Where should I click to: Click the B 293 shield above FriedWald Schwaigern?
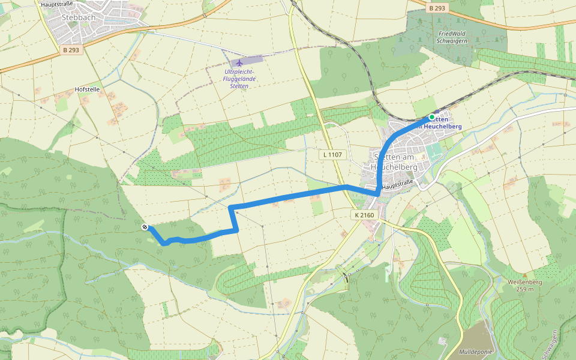pos(437,8)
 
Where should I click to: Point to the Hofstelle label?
pos(87,89)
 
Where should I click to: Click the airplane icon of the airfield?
pos(239,62)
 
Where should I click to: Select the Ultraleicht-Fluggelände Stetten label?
pos(239,79)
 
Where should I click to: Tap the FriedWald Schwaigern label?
pos(453,37)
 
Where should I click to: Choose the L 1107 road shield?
pos(332,155)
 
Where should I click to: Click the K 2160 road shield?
pos(364,214)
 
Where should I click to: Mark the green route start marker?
pos(432,117)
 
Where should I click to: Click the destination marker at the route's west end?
pos(145,226)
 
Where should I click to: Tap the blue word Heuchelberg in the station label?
pos(443,127)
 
